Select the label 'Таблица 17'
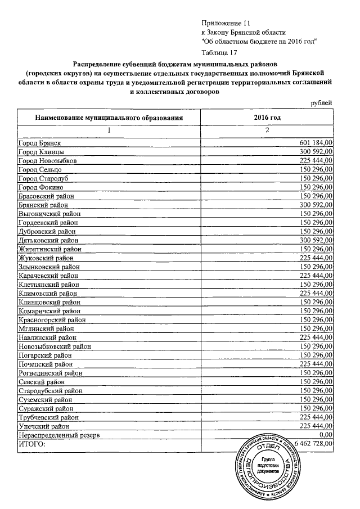click(220, 52)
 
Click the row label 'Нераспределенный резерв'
click(59, 435)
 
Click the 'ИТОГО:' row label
click(31, 444)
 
